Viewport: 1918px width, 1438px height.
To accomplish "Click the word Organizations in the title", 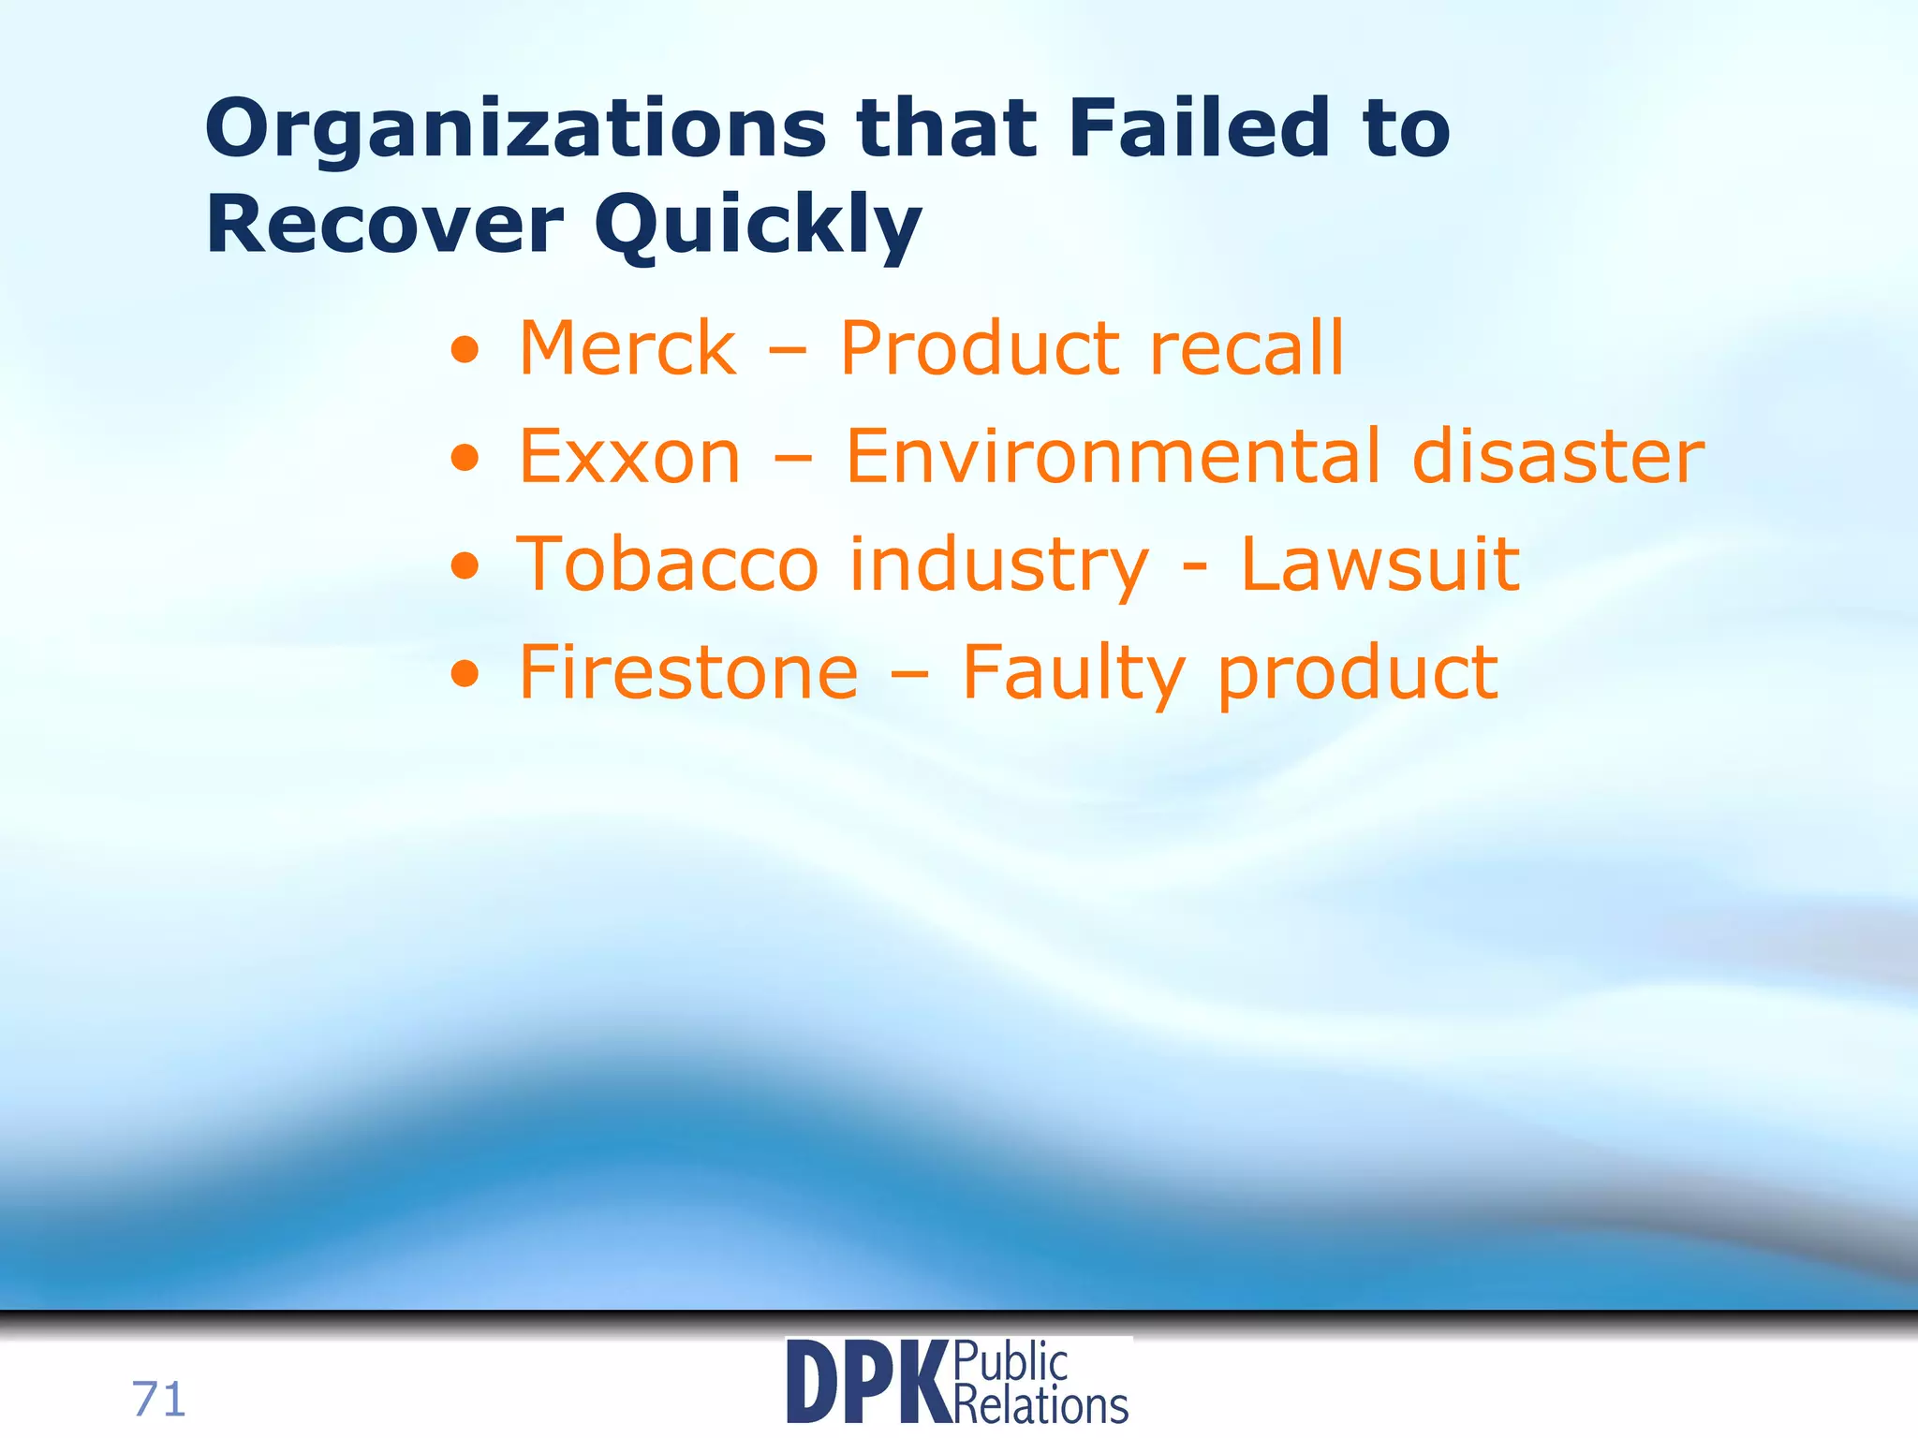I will (516, 131).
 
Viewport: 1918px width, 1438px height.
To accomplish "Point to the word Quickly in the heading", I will (759, 227).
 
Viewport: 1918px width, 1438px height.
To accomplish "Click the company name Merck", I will (627, 348).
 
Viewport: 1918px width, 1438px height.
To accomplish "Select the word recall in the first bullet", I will (1247, 348).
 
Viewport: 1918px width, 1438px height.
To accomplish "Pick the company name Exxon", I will (629, 457).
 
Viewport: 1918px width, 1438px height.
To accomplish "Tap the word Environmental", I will (1114, 457).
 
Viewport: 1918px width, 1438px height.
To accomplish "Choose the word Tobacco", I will (668, 565).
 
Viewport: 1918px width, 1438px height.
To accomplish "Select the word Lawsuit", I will (1379, 565).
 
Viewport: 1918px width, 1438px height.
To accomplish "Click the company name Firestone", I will (688, 672).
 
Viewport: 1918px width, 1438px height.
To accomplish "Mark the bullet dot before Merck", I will (465, 352).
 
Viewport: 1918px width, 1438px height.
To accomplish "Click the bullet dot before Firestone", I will (465, 675).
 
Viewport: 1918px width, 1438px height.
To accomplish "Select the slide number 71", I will (159, 1400).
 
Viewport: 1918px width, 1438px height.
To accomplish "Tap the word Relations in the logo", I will (1040, 1405).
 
